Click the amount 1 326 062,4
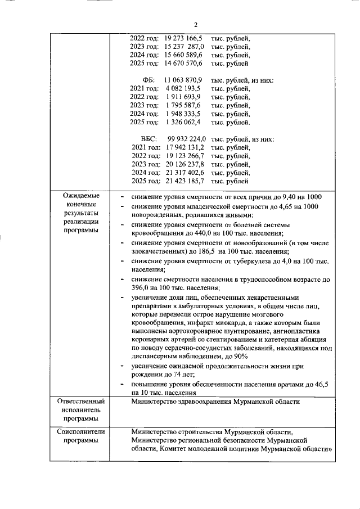click(183, 122)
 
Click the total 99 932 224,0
click(187, 139)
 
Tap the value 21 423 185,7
click(186, 181)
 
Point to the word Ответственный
click(82, 402)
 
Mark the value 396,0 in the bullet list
click(141, 289)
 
